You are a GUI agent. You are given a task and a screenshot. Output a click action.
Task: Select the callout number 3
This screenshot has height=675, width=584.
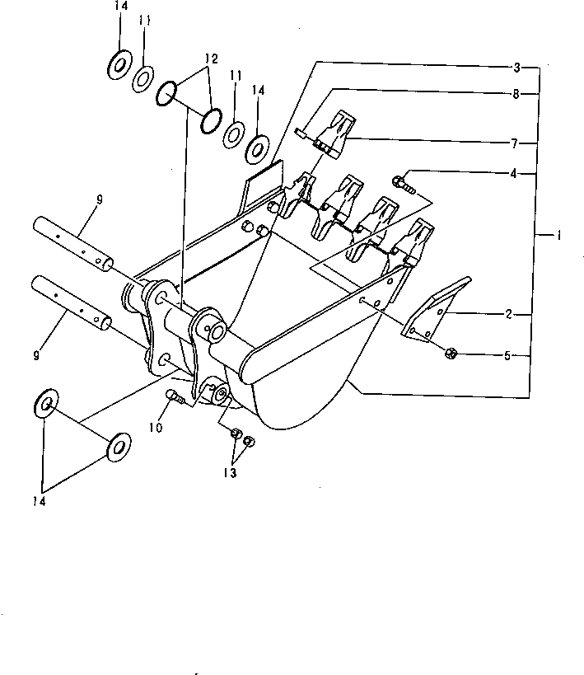(x=517, y=66)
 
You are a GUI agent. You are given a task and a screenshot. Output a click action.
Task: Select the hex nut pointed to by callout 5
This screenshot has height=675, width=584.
(x=451, y=354)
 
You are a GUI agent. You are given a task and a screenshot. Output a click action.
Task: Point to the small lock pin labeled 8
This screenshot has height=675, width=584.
(x=301, y=130)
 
